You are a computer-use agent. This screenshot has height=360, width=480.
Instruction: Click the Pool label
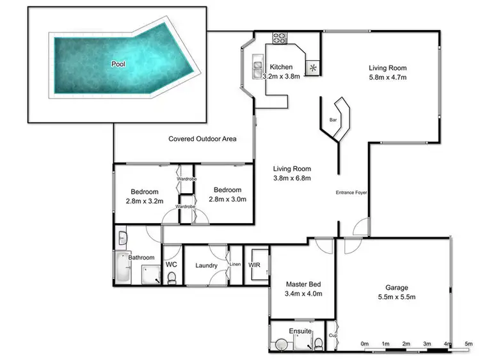118,64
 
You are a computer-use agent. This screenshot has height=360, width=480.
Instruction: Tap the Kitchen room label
281,67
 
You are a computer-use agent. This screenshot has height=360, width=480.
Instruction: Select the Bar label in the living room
333,120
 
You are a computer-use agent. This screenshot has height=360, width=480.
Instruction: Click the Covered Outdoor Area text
203,138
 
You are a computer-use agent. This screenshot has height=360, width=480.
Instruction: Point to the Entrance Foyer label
351,192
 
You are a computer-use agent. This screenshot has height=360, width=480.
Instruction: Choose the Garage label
396,288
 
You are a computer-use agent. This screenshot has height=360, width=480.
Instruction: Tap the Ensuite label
300,331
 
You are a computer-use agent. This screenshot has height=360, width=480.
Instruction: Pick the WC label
171,263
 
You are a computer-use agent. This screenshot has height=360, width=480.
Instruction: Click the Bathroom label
142,257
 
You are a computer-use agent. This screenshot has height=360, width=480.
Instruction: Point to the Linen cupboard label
234,264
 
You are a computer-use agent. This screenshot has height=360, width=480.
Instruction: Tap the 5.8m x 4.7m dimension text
388,77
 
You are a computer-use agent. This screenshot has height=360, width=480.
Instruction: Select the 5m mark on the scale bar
468,344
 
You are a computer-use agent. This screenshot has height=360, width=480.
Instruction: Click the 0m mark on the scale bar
365,344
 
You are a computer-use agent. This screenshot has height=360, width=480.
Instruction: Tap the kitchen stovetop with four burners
280,38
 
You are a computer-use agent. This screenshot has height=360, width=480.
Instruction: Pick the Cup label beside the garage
333,335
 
